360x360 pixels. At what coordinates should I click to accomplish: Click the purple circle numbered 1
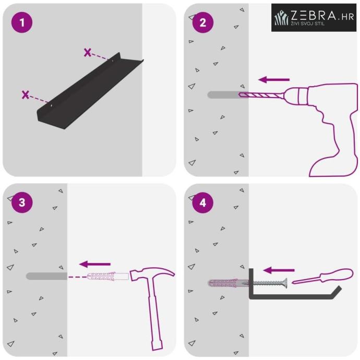(x=22, y=22)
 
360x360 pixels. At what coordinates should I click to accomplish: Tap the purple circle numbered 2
(x=203, y=22)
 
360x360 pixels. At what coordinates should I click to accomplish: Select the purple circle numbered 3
(x=22, y=202)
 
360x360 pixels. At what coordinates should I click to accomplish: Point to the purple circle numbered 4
(x=203, y=202)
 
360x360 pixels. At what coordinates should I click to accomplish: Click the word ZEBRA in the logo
(x=314, y=16)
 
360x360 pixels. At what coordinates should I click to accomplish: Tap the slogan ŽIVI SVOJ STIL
(x=308, y=23)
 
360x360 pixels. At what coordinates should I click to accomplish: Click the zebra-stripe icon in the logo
(x=281, y=18)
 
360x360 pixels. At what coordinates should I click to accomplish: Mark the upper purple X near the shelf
(x=88, y=53)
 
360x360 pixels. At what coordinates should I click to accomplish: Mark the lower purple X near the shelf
(x=26, y=94)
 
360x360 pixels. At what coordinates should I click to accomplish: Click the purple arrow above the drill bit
(x=274, y=80)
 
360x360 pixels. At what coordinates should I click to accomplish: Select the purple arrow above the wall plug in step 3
(x=95, y=264)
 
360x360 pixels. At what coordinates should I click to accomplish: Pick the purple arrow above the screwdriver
(x=279, y=270)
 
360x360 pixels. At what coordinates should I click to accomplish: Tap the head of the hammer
(x=152, y=273)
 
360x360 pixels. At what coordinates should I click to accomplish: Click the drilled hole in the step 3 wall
(x=46, y=276)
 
